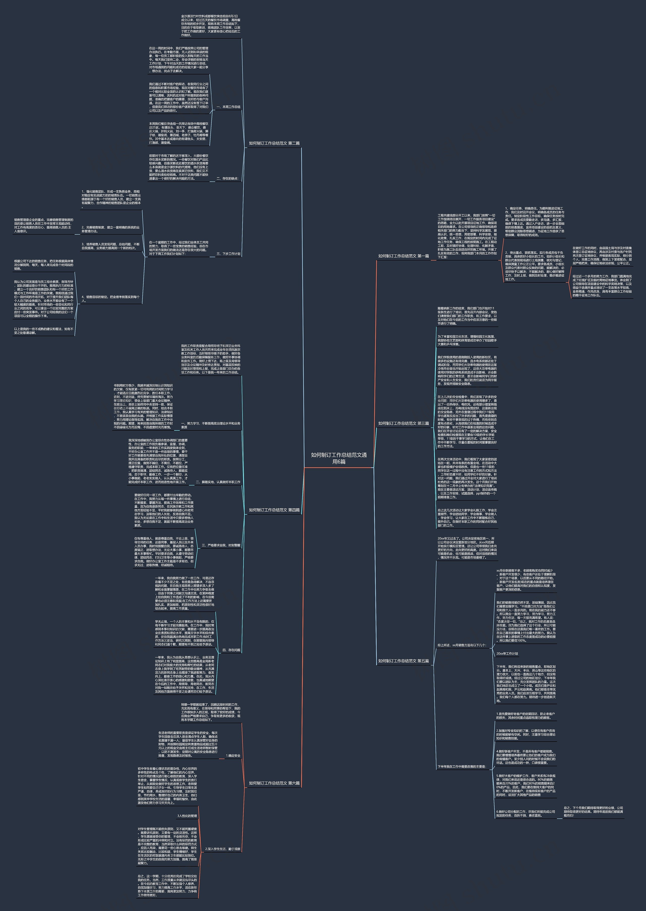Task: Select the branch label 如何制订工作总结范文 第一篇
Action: [x=403, y=256]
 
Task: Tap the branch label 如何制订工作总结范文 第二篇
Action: [x=274, y=143]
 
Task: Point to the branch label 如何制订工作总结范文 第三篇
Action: [x=403, y=423]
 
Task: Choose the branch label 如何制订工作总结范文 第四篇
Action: [x=274, y=510]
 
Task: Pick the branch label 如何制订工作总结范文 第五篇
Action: [x=403, y=661]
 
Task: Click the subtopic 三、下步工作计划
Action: [x=228, y=254]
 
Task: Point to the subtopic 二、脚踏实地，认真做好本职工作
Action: [x=218, y=482]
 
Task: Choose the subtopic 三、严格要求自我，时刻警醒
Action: [x=221, y=545]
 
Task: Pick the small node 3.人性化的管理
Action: [x=187, y=816]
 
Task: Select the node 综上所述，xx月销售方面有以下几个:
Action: [x=462, y=645]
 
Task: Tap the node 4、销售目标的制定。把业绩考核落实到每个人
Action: [x=111, y=299]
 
